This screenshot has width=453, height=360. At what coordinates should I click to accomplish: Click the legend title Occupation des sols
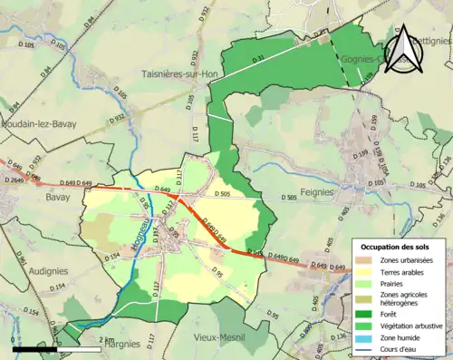click(x=400, y=247)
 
